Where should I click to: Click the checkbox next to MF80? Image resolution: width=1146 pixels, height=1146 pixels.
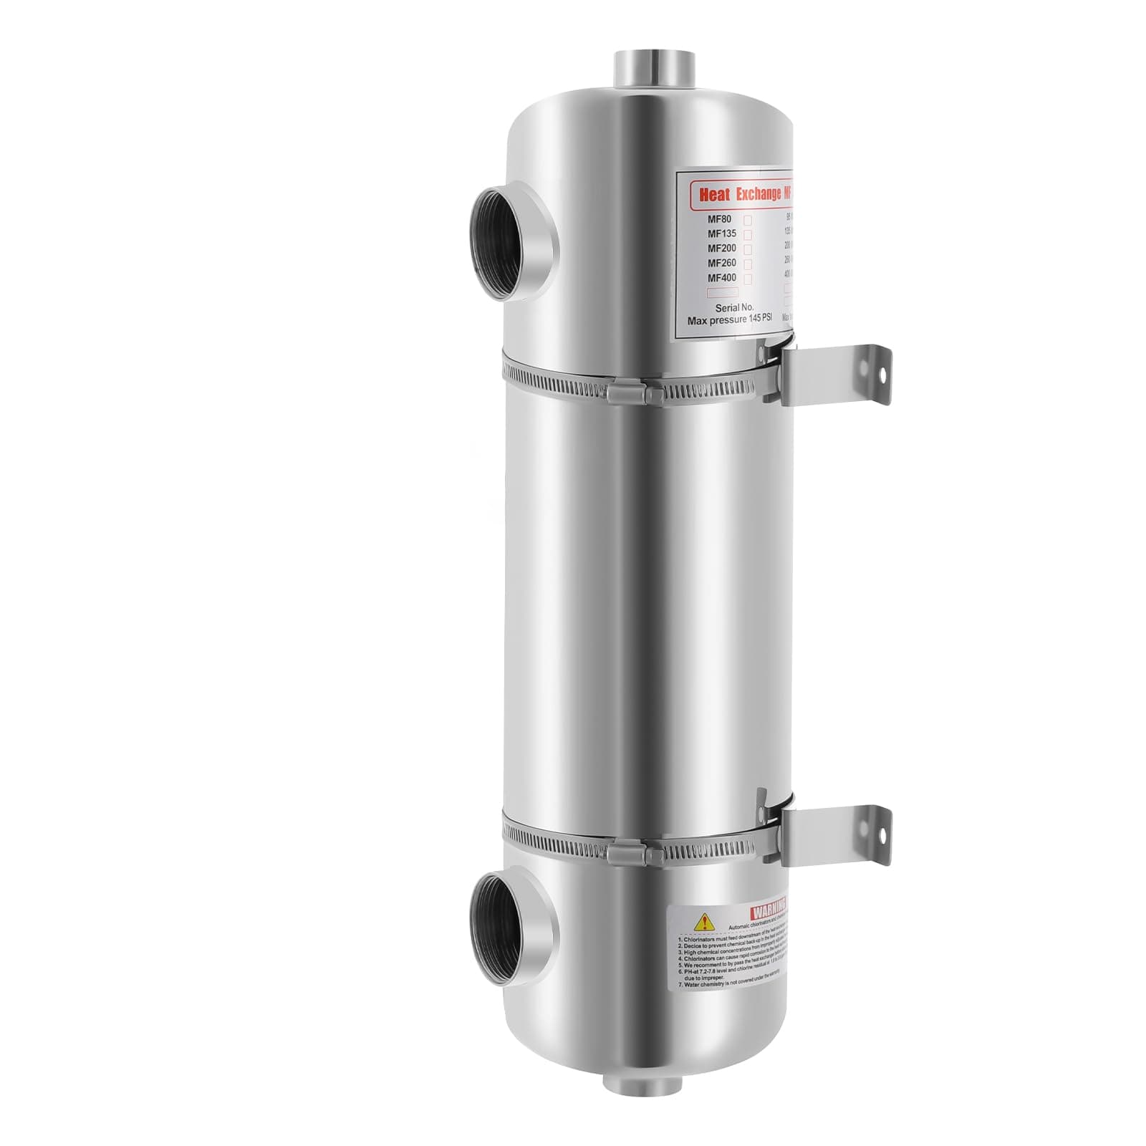click(x=748, y=219)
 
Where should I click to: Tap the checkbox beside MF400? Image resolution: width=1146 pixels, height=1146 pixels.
click(x=748, y=278)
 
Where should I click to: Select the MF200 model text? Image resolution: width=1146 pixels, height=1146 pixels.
click(x=722, y=249)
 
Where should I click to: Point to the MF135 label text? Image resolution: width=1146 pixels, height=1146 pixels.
click(x=722, y=233)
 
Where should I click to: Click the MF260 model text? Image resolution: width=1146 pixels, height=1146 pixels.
click(x=722, y=263)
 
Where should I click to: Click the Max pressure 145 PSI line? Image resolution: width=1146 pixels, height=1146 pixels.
click(x=730, y=321)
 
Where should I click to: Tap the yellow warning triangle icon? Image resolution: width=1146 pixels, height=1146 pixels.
click(x=706, y=921)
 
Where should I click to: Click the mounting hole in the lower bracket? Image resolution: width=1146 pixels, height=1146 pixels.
click(x=881, y=835)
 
